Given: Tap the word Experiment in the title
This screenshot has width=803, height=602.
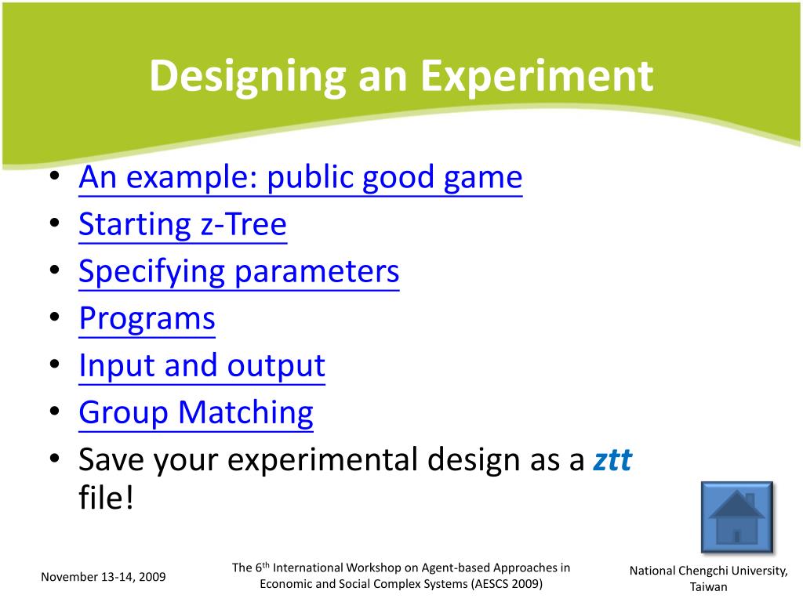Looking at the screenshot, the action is click(x=536, y=76).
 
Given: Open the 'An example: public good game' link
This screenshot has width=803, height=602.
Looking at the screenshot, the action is click(x=300, y=178).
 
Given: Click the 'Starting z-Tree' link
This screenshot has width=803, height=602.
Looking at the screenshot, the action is click(x=183, y=224).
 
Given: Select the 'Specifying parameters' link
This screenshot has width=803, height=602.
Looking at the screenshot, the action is click(x=239, y=271).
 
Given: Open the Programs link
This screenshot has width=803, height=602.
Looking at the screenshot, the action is click(x=147, y=319).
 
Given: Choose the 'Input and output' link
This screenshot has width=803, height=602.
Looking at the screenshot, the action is click(x=202, y=365).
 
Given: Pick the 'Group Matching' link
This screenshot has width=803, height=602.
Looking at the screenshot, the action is click(x=196, y=412).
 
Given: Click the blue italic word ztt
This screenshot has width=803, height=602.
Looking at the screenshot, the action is click(x=612, y=459).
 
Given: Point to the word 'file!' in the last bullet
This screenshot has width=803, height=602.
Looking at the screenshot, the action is click(x=106, y=497).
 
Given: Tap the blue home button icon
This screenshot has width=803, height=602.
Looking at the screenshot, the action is click(x=737, y=517).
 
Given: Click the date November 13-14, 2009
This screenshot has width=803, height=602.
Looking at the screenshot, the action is click(x=104, y=577).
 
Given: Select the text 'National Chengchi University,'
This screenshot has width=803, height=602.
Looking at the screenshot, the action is click(x=709, y=571).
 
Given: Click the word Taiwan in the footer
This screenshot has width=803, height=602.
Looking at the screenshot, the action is click(x=708, y=587).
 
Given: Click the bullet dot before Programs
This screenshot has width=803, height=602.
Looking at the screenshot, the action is click(x=55, y=317).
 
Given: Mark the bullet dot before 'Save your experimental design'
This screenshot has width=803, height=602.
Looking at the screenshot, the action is click(x=55, y=458).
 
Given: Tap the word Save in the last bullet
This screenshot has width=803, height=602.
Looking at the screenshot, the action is click(x=113, y=459).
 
